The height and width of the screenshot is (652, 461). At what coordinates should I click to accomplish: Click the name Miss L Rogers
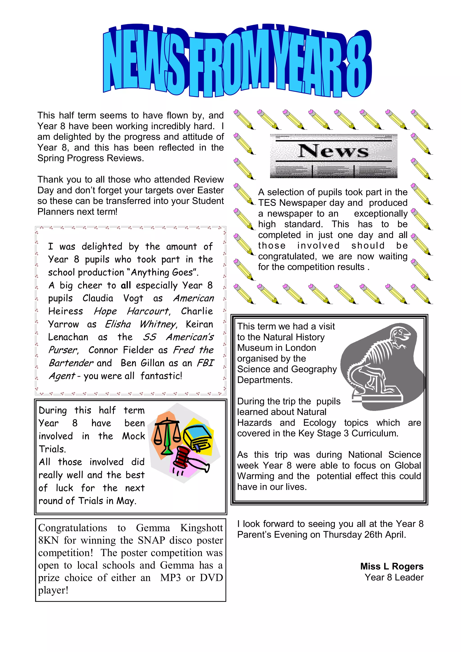[391, 566]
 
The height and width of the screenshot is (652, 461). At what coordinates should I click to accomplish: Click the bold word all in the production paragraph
[126, 285]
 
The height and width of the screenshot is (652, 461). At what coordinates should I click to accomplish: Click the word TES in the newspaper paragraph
[267, 203]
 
